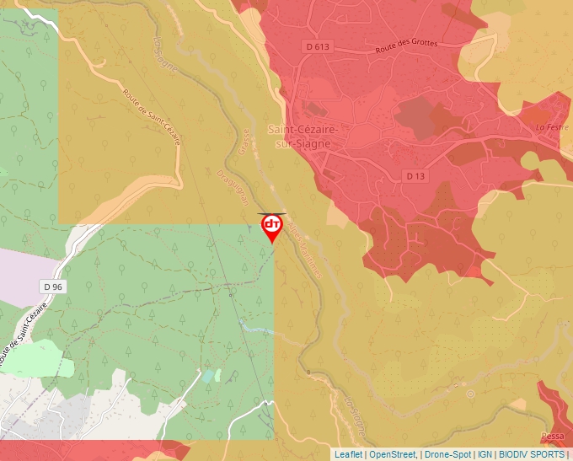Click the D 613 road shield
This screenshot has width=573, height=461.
pyautogui.click(x=318, y=47)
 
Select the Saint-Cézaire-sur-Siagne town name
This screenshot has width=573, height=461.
pyautogui.click(x=303, y=137)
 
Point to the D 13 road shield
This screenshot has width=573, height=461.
pyautogui.click(x=414, y=176)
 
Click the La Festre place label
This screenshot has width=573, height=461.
pyautogui.click(x=553, y=127)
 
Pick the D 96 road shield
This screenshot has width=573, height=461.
pyautogui.click(x=52, y=287)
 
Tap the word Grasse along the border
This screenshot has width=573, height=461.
pyautogui.click(x=245, y=144)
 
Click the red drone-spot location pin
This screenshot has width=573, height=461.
pyautogui.click(x=271, y=226)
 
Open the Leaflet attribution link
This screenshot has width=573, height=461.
pyautogui.click(x=348, y=454)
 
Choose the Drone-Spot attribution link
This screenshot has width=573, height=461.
pyautogui.click(x=447, y=454)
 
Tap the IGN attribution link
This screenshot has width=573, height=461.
pyautogui.click(x=485, y=454)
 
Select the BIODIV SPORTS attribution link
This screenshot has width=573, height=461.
pyautogui.click(x=532, y=454)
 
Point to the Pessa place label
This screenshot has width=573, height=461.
pyautogui.click(x=553, y=437)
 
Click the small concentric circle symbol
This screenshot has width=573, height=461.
pyautogui.click(x=470, y=393)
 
